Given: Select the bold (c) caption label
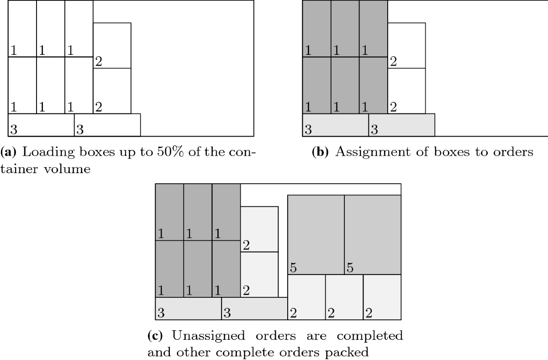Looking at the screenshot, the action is [155, 336].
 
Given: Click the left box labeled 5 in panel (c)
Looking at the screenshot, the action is [316, 234].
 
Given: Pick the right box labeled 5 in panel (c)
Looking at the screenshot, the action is [373, 234].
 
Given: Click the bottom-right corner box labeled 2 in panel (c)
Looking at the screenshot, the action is [382, 297].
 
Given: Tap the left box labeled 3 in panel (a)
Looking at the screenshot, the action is [41, 125].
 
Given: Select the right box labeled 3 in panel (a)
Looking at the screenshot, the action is [107, 125].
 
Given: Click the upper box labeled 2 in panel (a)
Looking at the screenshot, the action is [112, 45].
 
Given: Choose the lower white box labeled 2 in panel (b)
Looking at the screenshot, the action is [406, 91].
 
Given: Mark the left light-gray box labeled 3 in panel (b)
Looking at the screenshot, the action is [335, 125].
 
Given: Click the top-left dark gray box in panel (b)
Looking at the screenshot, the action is [316, 28].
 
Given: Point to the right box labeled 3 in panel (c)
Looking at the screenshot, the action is [254, 308].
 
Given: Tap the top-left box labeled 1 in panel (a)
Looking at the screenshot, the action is [22, 28].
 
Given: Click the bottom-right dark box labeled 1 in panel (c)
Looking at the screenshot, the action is [226, 269].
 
